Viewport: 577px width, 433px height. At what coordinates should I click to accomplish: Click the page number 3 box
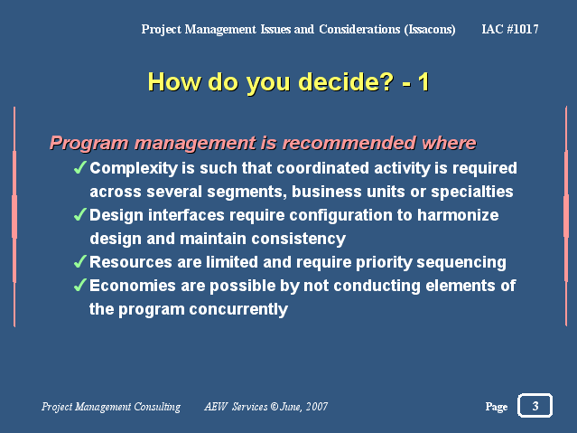[x=535, y=406]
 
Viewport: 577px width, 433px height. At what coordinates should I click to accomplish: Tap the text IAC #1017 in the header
[x=510, y=29]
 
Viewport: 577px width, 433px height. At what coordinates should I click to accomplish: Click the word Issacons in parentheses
[x=430, y=29]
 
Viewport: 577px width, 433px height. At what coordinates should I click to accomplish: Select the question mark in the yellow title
[x=386, y=81]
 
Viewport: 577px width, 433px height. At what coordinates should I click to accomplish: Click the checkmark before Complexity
[x=80, y=167]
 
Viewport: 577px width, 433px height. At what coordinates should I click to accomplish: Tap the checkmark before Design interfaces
[x=80, y=214]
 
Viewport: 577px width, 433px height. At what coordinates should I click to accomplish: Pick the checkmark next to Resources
[x=80, y=261]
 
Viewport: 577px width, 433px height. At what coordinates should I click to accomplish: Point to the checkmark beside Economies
[x=80, y=285]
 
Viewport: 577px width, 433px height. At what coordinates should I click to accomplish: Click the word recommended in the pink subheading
[x=349, y=143]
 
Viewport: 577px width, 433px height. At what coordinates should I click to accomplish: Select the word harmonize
[x=458, y=215]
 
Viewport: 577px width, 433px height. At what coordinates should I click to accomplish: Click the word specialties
[x=472, y=192]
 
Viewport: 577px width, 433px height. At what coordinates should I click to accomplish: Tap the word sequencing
[x=461, y=263]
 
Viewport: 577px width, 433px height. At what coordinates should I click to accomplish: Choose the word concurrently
[x=238, y=309]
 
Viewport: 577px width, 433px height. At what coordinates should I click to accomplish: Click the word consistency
[x=299, y=240]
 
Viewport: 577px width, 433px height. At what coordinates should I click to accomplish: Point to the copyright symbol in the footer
[x=275, y=407]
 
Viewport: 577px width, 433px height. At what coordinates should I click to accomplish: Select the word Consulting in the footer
[x=157, y=407]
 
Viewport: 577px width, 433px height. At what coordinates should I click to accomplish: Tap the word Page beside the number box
[x=497, y=407]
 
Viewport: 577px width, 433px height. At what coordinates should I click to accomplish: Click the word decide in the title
[x=333, y=81]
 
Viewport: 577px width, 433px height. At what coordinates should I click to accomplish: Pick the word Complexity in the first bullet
[x=134, y=168]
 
